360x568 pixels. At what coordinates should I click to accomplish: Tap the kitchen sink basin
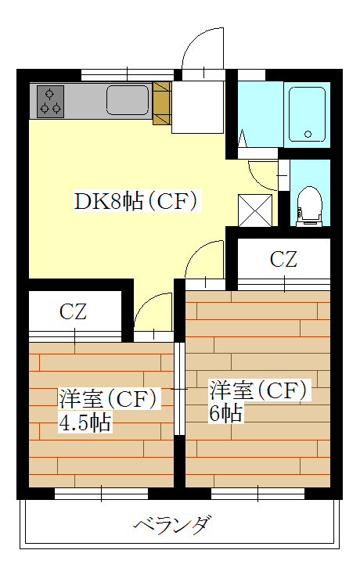click(x=128, y=100)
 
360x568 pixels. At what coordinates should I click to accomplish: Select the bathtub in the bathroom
click(x=307, y=114)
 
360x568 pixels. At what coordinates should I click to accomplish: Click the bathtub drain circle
click(x=308, y=134)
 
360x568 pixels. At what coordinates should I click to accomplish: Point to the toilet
click(x=309, y=207)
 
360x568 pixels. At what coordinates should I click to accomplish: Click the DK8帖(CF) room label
click(x=135, y=201)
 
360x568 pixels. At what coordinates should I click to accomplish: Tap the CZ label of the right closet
click(x=283, y=259)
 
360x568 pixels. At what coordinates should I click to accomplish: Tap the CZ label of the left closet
click(x=74, y=311)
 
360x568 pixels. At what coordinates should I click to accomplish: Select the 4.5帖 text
click(x=85, y=422)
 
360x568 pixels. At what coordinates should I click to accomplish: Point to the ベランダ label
click(x=172, y=525)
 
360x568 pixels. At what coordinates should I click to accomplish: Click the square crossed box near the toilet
click(x=255, y=210)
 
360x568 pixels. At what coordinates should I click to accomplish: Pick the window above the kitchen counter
click(x=128, y=74)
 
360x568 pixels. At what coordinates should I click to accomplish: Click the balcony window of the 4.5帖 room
click(x=101, y=494)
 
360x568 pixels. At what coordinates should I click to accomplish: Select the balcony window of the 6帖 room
click(x=257, y=494)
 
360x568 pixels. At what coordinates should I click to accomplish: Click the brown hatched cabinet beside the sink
click(x=162, y=103)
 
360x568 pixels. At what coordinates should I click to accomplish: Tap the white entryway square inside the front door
click(x=197, y=107)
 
